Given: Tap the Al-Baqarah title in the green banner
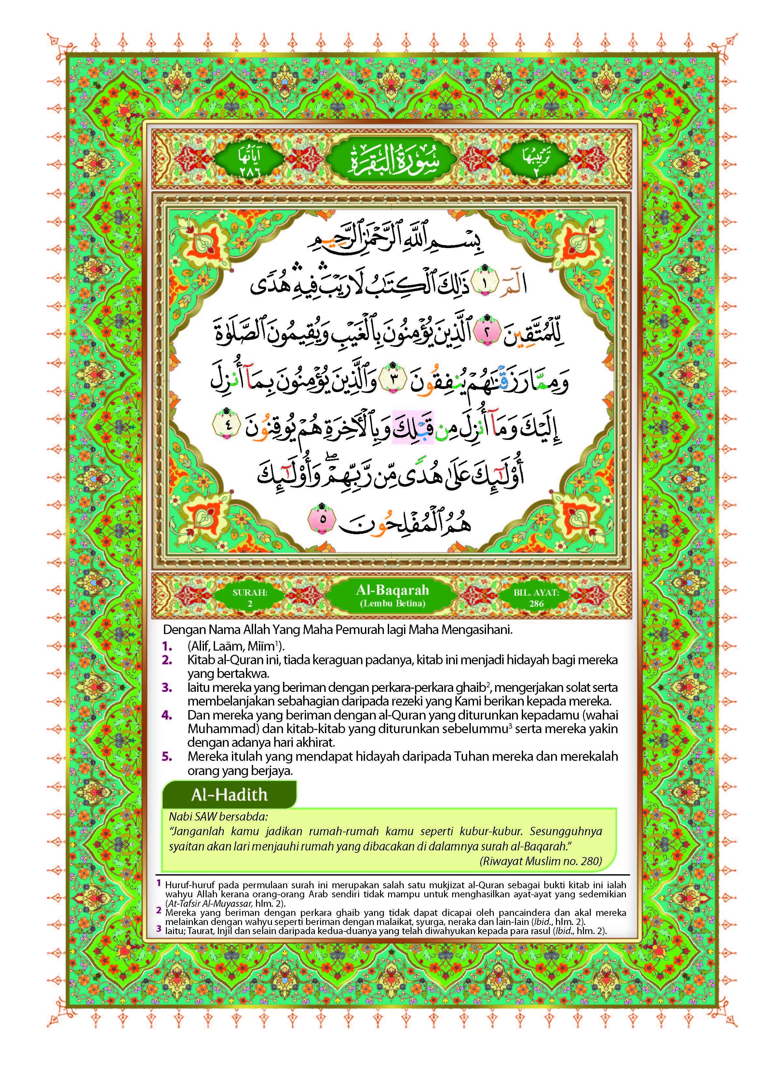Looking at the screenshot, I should [392, 590].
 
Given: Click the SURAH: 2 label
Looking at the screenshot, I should [250, 598].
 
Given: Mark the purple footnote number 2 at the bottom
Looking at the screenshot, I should [158, 911].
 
